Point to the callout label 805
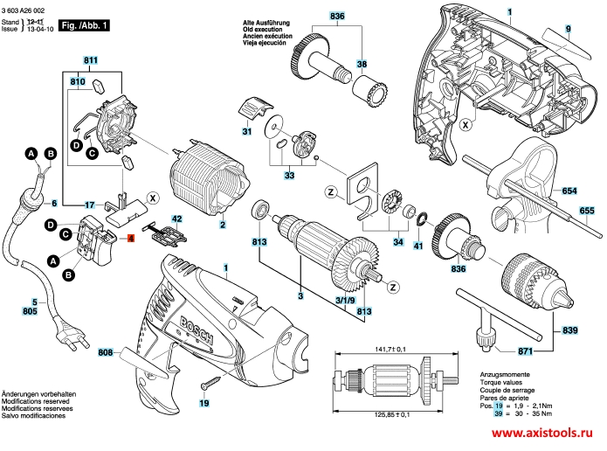[x=30, y=310]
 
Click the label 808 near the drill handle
[x=107, y=354]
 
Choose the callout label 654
[x=569, y=191]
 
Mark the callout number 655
[x=586, y=211]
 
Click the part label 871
[x=525, y=351]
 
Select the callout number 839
[x=569, y=330]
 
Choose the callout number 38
[x=362, y=63]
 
